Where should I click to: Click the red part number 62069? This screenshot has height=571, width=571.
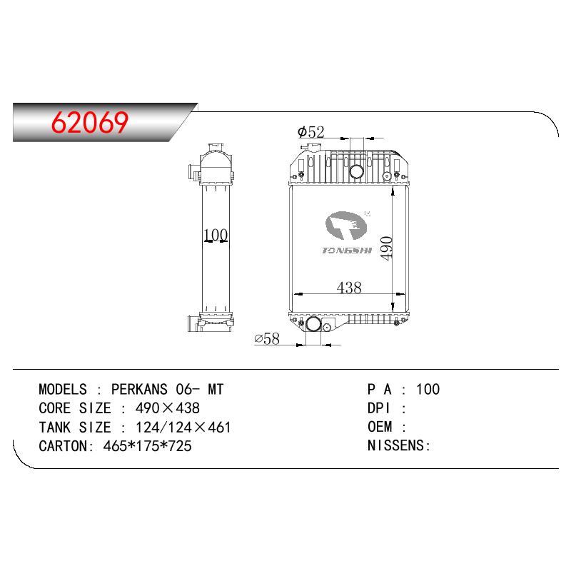point(90,122)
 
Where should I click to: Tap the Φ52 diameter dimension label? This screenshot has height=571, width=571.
point(311,132)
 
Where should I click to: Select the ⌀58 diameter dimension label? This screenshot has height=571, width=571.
point(267,338)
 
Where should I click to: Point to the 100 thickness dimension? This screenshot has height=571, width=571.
point(216,235)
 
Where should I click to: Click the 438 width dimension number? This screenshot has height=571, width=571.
point(349,288)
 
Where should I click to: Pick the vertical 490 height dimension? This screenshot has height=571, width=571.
point(386,248)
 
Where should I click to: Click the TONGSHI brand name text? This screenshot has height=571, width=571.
point(347,251)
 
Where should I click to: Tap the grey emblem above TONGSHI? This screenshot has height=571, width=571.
point(346,226)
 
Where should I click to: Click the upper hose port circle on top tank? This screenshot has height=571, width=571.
point(356,171)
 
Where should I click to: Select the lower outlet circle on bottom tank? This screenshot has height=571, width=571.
point(313,324)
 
